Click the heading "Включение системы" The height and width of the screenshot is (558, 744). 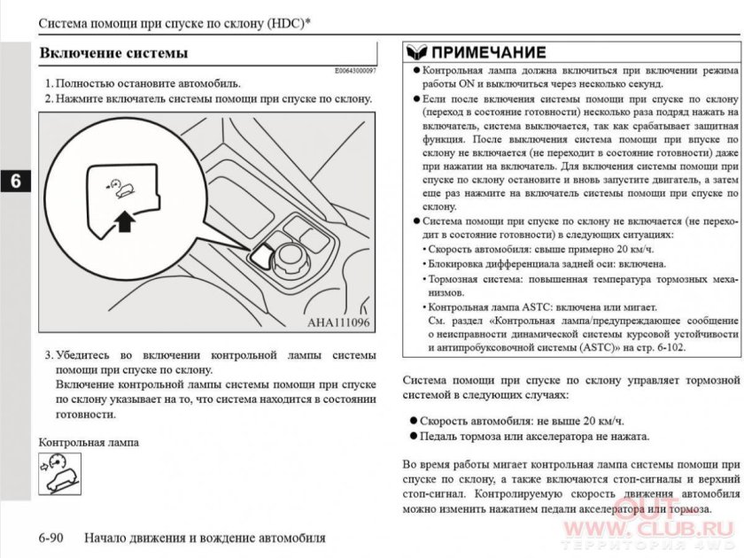(113, 53)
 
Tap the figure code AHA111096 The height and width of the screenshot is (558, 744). (339, 322)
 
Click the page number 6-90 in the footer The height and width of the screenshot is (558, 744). (56, 538)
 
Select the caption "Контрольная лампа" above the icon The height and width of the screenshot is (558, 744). (89, 441)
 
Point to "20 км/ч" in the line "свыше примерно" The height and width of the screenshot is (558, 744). (602, 249)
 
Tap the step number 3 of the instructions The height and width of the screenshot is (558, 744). (48, 354)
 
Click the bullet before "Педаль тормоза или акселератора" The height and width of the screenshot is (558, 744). (414, 436)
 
